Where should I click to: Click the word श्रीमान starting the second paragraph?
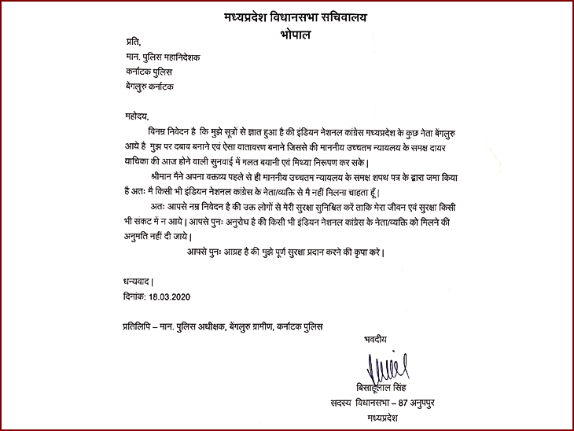coord(164,179)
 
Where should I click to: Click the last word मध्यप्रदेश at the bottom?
coord(384,418)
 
